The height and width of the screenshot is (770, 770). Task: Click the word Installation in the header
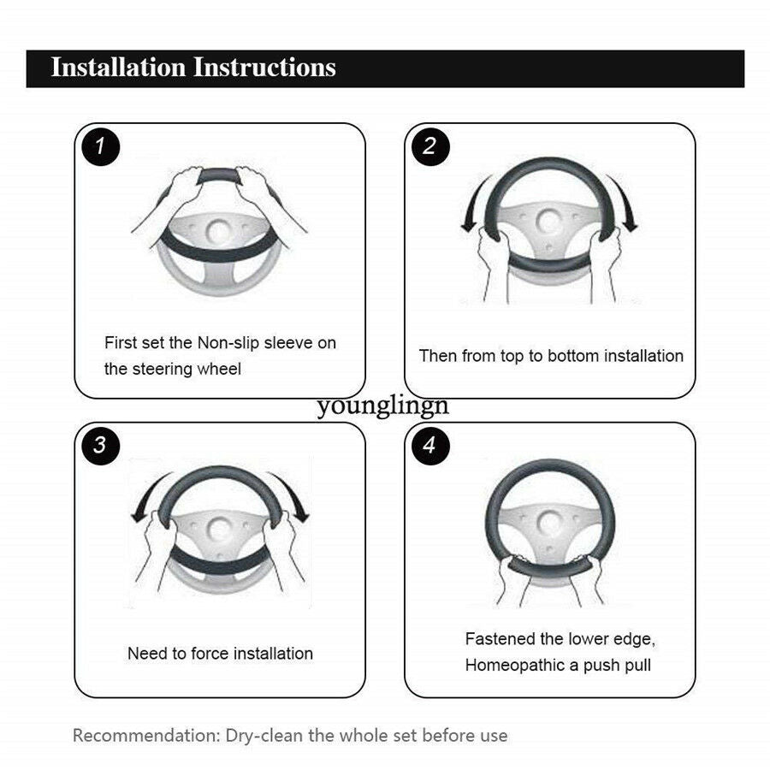pyautogui.click(x=118, y=68)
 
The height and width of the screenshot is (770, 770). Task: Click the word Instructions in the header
pyautogui.click(x=264, y=68)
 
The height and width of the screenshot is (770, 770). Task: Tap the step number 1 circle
pyautogui.click(x=101, y=146)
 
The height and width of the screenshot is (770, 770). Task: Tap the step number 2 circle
pyautogui.click(x=430, y=146)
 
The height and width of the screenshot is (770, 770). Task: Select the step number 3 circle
pyautogui.click(x=101, y=446)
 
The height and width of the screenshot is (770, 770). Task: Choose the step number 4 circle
pyautogui.click(x=430, y=446)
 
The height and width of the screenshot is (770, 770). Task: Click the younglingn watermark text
pyautogui.click(x=383, y=406)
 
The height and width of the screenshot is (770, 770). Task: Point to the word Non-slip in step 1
pyautogui.click(x=228, y=343)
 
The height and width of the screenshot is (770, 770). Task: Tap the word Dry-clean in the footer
pyautogui.click(x=264, y=736)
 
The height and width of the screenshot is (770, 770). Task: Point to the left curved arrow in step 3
pyautogui.click(x=146, y=493)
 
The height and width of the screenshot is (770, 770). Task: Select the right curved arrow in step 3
pyautogui.click(x=293, y=493)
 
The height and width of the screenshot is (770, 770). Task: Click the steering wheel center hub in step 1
pyautogui.click(x=218, y=231)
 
